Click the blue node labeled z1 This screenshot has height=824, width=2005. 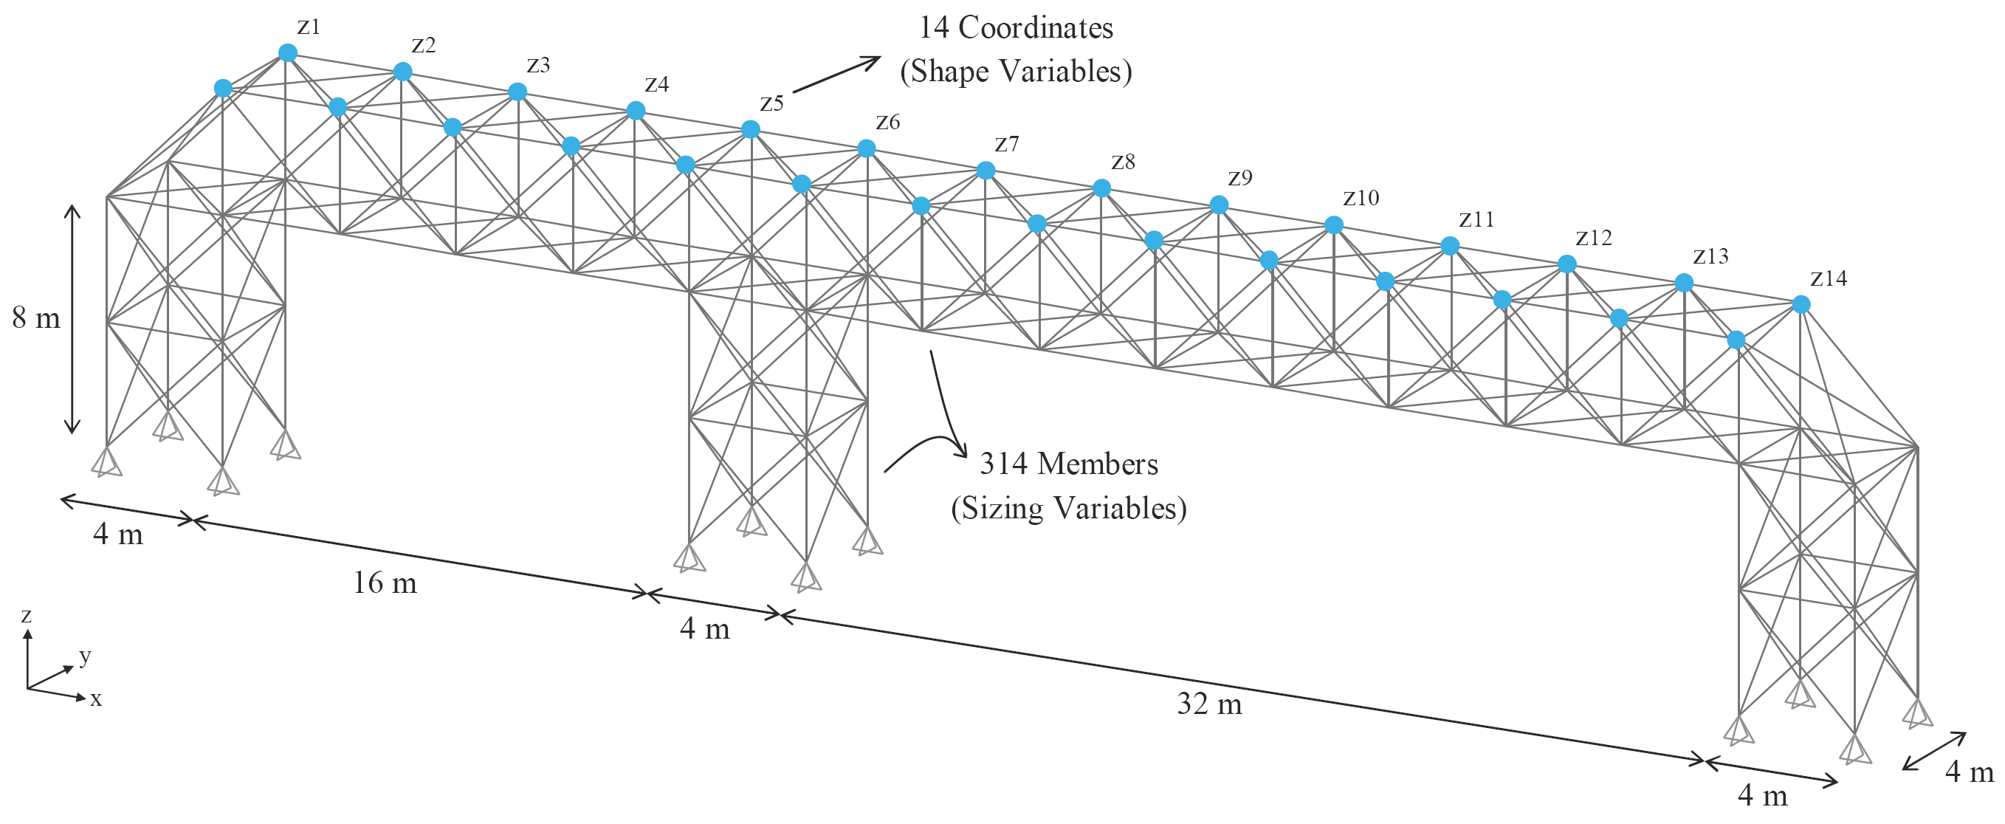tap(287, 53)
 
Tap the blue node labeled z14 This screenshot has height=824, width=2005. tap(1801, 304)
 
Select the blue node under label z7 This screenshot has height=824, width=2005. tap(986, 170)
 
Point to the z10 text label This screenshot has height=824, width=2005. tap(1361, 198)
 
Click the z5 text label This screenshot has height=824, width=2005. tap(771, 103)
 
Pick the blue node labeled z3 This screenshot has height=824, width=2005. tap(517, 92)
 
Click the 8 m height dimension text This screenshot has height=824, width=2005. tap(35, 317)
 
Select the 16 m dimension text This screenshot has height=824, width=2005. tap(385, 583)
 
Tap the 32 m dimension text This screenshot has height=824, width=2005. tap(1208, 704)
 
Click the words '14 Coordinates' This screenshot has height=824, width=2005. tap(1016, 28)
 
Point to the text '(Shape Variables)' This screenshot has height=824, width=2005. tap(1016, 72)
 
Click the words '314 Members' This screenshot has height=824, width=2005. tap(1068, 464)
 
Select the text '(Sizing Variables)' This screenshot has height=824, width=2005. tap(1068, 509)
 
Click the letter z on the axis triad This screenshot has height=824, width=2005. tap(27, 616)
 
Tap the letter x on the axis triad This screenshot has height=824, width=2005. tap(96, 699)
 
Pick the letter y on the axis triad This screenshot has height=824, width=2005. tap(86, 656)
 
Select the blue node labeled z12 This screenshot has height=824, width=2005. tap(1566, 265)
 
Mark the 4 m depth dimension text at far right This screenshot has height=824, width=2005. tap(1970, 772)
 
